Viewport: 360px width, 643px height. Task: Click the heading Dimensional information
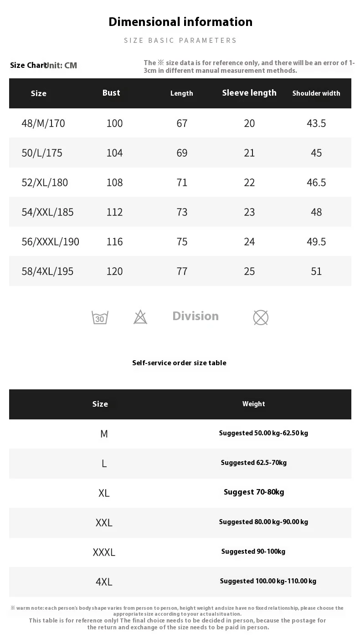coord(180,22)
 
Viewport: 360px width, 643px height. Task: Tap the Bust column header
coord(111,93)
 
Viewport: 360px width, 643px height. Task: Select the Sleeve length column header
coord(249,93)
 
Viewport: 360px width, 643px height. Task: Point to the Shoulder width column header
coord(316,93)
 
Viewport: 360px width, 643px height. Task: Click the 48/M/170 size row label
coord(43,123)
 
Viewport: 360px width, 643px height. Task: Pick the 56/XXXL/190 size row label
coord(50,242)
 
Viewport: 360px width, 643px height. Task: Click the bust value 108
coord(114,183)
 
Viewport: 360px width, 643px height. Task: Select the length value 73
coord(182,212)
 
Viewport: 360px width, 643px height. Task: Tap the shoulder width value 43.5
coord(316,123)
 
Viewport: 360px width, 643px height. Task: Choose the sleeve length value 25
coord(249,271)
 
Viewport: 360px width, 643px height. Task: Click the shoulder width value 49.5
coord(316,242)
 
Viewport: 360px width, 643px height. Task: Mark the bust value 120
coord(114,271)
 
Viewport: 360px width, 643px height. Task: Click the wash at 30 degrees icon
coord(100,317)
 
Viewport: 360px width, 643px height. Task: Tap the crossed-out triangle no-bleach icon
coord(140,317)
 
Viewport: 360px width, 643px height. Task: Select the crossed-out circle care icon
coord(261,317)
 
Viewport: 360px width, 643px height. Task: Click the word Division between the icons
coord(195,316)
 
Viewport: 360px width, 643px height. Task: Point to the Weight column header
coord(254,404)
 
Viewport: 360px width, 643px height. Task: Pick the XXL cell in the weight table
coord(104,523)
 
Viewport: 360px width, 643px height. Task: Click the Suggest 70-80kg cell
coord(254,492)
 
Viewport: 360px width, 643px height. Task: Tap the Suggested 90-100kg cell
coord(253,551)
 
